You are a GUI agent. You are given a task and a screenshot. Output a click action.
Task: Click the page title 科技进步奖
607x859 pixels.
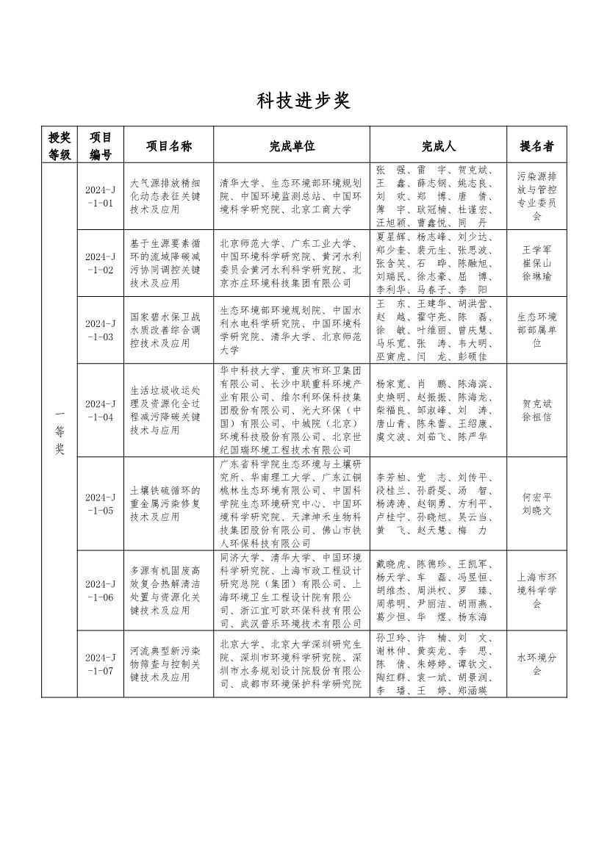coord(303,101)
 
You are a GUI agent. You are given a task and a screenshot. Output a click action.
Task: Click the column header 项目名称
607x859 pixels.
coord(168,146)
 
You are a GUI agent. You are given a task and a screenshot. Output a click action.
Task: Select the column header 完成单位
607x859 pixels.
coord(291,146)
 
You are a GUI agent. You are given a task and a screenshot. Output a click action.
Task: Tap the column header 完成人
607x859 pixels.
coord(439,146)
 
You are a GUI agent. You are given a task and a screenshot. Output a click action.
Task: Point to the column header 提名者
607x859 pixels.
coord(536,146)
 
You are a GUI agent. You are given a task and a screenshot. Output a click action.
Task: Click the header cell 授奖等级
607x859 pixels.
coord(60,146)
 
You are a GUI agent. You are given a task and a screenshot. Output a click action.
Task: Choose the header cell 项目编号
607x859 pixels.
coord(101,146)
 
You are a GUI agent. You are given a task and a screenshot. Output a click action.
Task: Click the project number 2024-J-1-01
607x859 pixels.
coord(101,195)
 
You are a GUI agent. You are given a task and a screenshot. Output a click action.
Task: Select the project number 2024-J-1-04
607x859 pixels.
coord(101,410)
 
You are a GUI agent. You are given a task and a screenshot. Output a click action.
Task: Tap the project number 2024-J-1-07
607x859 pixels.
coord(101,664)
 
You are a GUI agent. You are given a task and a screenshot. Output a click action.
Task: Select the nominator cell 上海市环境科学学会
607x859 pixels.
coord(536,590)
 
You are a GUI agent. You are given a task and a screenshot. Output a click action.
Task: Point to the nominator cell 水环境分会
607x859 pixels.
coord(536,664)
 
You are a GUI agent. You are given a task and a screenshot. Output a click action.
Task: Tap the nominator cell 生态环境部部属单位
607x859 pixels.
coord(536,330)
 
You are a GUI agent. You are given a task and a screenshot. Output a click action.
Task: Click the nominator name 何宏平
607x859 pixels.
coord(536,496)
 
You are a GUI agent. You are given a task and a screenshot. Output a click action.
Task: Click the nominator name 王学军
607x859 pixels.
coord(536,250)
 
